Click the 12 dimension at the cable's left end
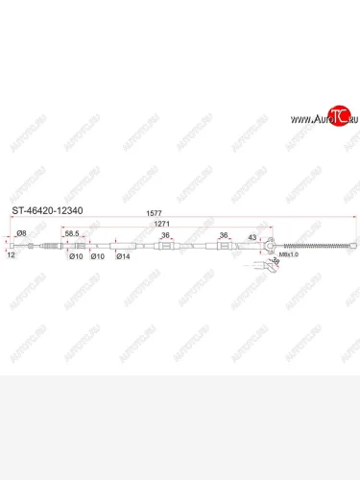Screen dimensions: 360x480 [10, 256]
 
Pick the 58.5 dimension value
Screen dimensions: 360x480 [72, 233]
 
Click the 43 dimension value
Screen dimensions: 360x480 [252, 237]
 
